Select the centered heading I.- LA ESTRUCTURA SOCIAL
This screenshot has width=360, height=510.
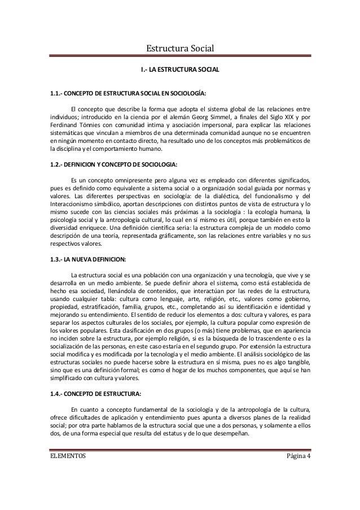(179, 71)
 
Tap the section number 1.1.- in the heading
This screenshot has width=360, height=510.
(59, 93)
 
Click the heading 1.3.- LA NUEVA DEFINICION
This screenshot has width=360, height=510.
(88, 259)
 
